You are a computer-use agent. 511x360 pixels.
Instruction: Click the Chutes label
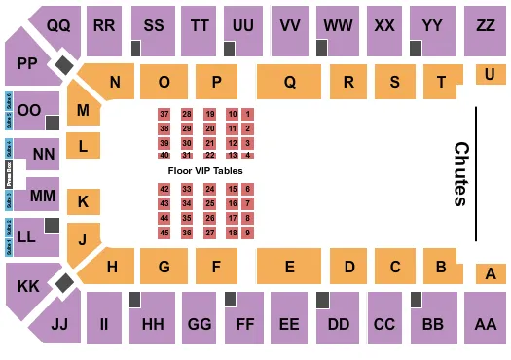[x=460, y=174]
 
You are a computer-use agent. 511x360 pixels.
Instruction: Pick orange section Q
[x=290, y=83]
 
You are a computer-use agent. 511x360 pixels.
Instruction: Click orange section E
[x=289, y=266]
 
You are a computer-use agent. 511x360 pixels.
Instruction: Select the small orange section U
[x=488, y=73]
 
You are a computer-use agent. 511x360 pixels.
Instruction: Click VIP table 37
[x=164, y=115]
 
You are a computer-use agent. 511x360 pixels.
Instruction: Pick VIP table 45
[x=164, y=233]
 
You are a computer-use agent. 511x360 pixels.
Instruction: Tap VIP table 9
[x=248, y=233]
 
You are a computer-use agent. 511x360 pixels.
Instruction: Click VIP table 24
[x=209, y=189]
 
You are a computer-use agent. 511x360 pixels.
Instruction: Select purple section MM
[x=43, y=195]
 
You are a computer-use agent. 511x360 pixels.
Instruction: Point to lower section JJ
[x=58, y=322]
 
